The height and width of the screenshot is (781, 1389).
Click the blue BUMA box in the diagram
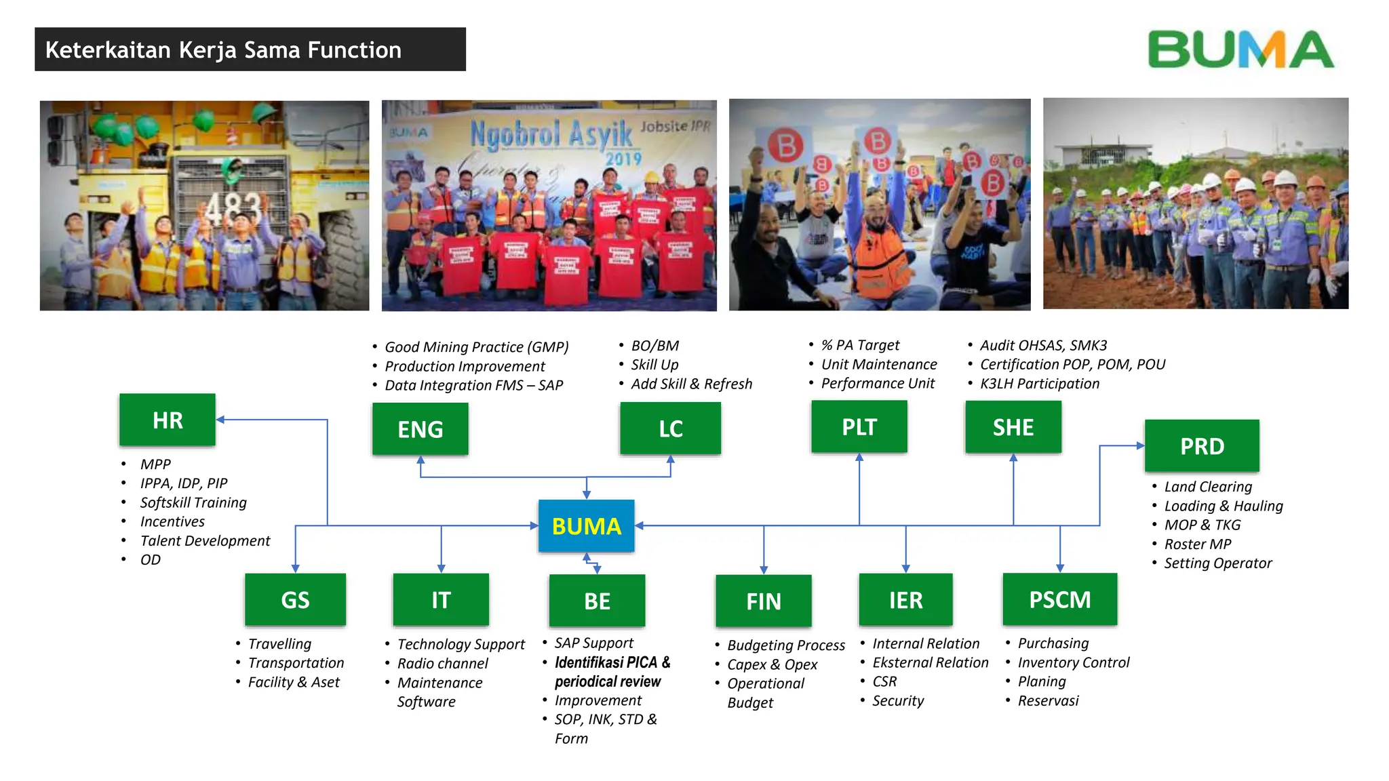tap(586, 526)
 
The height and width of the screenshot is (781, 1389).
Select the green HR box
tap(168, 420)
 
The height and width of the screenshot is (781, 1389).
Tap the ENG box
tap(420, 429)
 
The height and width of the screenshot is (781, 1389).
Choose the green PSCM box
tap(1059, 600)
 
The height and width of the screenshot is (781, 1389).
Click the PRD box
tap(1202, 446)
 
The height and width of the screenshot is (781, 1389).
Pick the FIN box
tap(763, 601)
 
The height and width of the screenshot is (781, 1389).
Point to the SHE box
tap(1013, 427)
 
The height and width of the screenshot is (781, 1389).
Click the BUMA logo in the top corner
tap(1240, 49)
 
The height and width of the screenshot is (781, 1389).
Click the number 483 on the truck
tap(233, 207)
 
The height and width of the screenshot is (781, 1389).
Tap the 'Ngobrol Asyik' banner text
tap(551, 134)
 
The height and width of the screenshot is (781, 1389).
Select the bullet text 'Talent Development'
tap(205, 541)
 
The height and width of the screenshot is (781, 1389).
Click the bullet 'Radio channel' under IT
tap(442, 664)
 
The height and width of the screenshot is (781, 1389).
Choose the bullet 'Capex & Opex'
tap(772, 665)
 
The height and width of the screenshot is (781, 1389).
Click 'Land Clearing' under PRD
tap(1208, 487)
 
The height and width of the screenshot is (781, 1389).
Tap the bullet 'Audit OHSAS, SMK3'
tap(1043, 345)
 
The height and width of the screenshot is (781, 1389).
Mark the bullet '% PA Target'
tap(860, 345)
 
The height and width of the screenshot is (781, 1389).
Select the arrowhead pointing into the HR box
tap(220, 420)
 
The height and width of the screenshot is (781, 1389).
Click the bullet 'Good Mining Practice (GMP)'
tap(476, 347)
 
